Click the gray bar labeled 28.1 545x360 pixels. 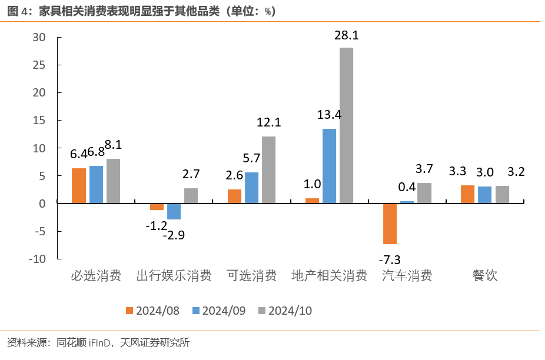tap(346, 125)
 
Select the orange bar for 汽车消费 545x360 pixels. tap(390, 224)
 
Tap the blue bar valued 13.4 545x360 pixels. tap(329, 166)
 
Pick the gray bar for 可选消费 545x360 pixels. tap(268, 169)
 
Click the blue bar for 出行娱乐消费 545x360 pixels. tap(174, 211)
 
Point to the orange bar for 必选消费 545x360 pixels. tap(79, 185)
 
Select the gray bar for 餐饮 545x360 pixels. tap(502, 194)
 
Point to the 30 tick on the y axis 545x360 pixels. tap(39, 37)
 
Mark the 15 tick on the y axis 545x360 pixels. tap(39, 120)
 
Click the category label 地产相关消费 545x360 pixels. tap(329, 275)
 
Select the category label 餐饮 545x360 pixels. tap(484, 275)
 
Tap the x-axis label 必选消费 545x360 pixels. tap(96, 275)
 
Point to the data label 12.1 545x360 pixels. tap(269, 122)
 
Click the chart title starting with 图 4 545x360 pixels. tap(141, 11)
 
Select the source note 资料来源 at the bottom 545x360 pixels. tap(98, 342)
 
